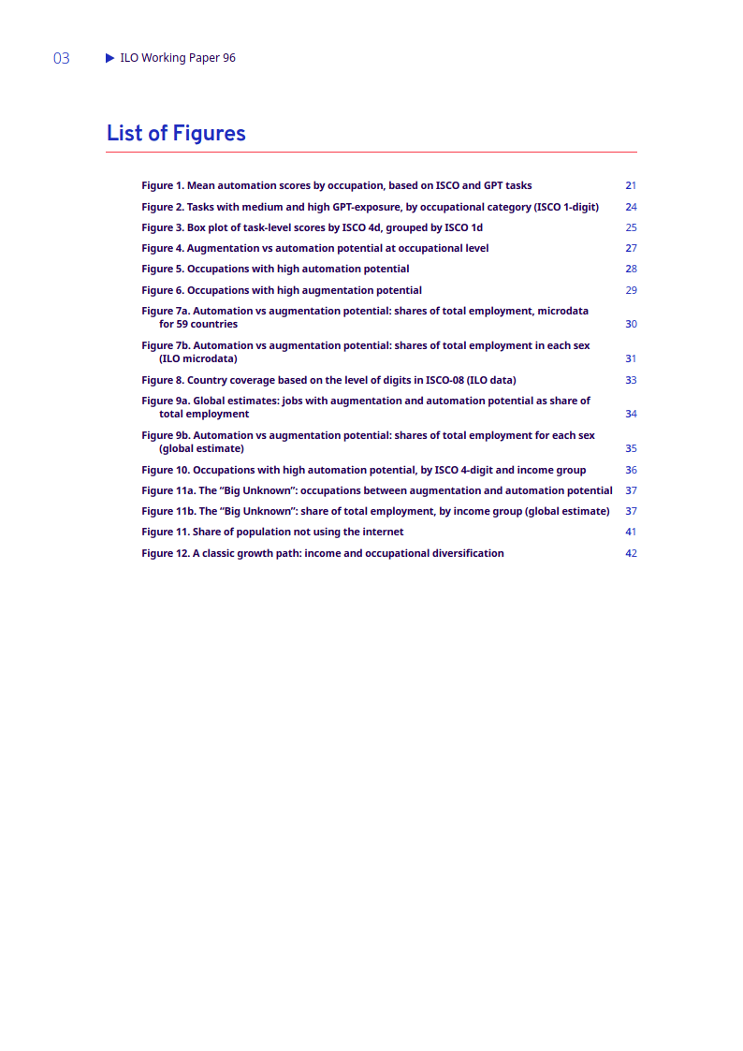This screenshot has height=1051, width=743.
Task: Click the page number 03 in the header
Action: click(x=62, y=59)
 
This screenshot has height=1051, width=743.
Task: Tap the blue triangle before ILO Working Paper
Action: click(x=110, y=58)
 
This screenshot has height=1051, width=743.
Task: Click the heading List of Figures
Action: click(x=176, y=133)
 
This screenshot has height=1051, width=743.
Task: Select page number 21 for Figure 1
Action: click(x=631, y=185)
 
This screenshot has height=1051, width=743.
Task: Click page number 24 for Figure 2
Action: click(x=631, y=207)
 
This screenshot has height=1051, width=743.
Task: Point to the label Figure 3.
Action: click(x=162, y=227)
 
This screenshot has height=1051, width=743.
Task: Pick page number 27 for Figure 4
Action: click(x=631, y=248)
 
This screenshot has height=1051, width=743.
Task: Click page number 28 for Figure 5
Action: click(x=631, y=269)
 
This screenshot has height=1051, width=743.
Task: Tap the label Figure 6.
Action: click(x=162, y=290)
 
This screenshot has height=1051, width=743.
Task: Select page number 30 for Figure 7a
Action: click(x=631, y=324)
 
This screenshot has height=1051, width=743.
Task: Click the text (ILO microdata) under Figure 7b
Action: click(x=197, y=358)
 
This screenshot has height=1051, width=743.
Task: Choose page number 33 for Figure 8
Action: click(x=631, y=380)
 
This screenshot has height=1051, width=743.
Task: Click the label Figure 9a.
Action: click(x=166, y=401)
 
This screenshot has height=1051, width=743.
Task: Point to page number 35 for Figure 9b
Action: click(x=631, y=448)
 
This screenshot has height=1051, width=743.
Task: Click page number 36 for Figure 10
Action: click(x=631, y=470)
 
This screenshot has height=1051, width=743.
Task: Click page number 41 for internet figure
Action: click(x=631, y=532)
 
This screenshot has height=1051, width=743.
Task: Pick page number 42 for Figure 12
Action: click(x=631, y=553)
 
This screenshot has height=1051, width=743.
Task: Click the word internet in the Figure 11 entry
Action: click(x=382, y=532)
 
